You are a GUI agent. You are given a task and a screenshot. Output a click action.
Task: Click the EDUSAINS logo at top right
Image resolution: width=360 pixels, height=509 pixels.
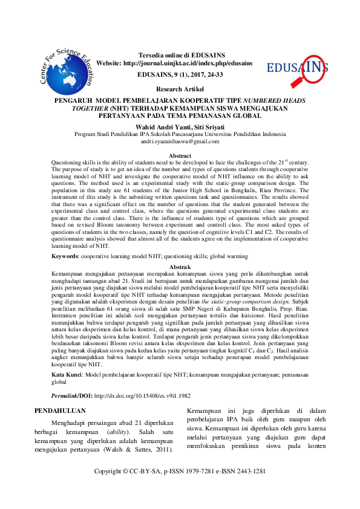pos(298,66)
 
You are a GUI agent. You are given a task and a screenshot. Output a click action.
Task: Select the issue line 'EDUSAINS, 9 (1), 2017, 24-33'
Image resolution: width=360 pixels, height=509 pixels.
pos(180,76)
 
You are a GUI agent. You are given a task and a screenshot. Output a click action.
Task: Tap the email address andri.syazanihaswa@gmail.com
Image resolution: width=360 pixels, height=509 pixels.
pos(180,141)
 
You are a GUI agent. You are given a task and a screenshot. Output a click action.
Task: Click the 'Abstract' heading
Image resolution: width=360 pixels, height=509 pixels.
pos(180,157)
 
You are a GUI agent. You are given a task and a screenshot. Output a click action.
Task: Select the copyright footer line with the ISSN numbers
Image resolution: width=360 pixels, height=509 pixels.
pos(180,488)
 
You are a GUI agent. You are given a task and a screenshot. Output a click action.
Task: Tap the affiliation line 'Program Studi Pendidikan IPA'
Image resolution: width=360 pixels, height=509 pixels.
pos(180,134)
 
